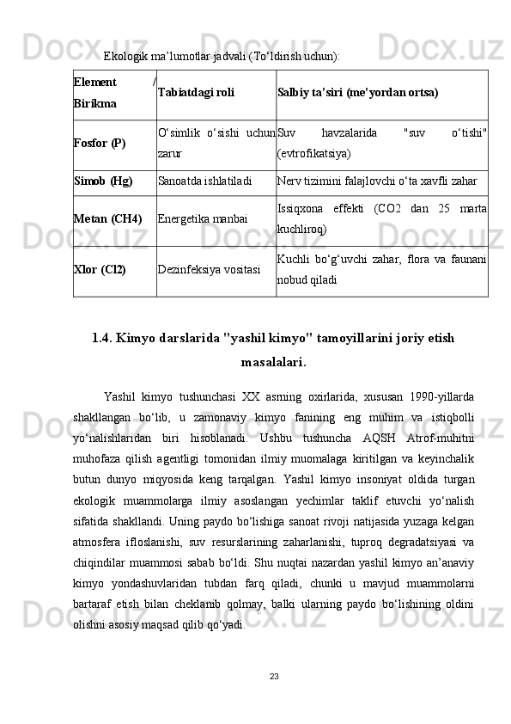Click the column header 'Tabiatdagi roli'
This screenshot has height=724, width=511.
(x=197, y=92)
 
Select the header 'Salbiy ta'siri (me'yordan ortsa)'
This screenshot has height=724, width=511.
(x=358, y=92)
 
